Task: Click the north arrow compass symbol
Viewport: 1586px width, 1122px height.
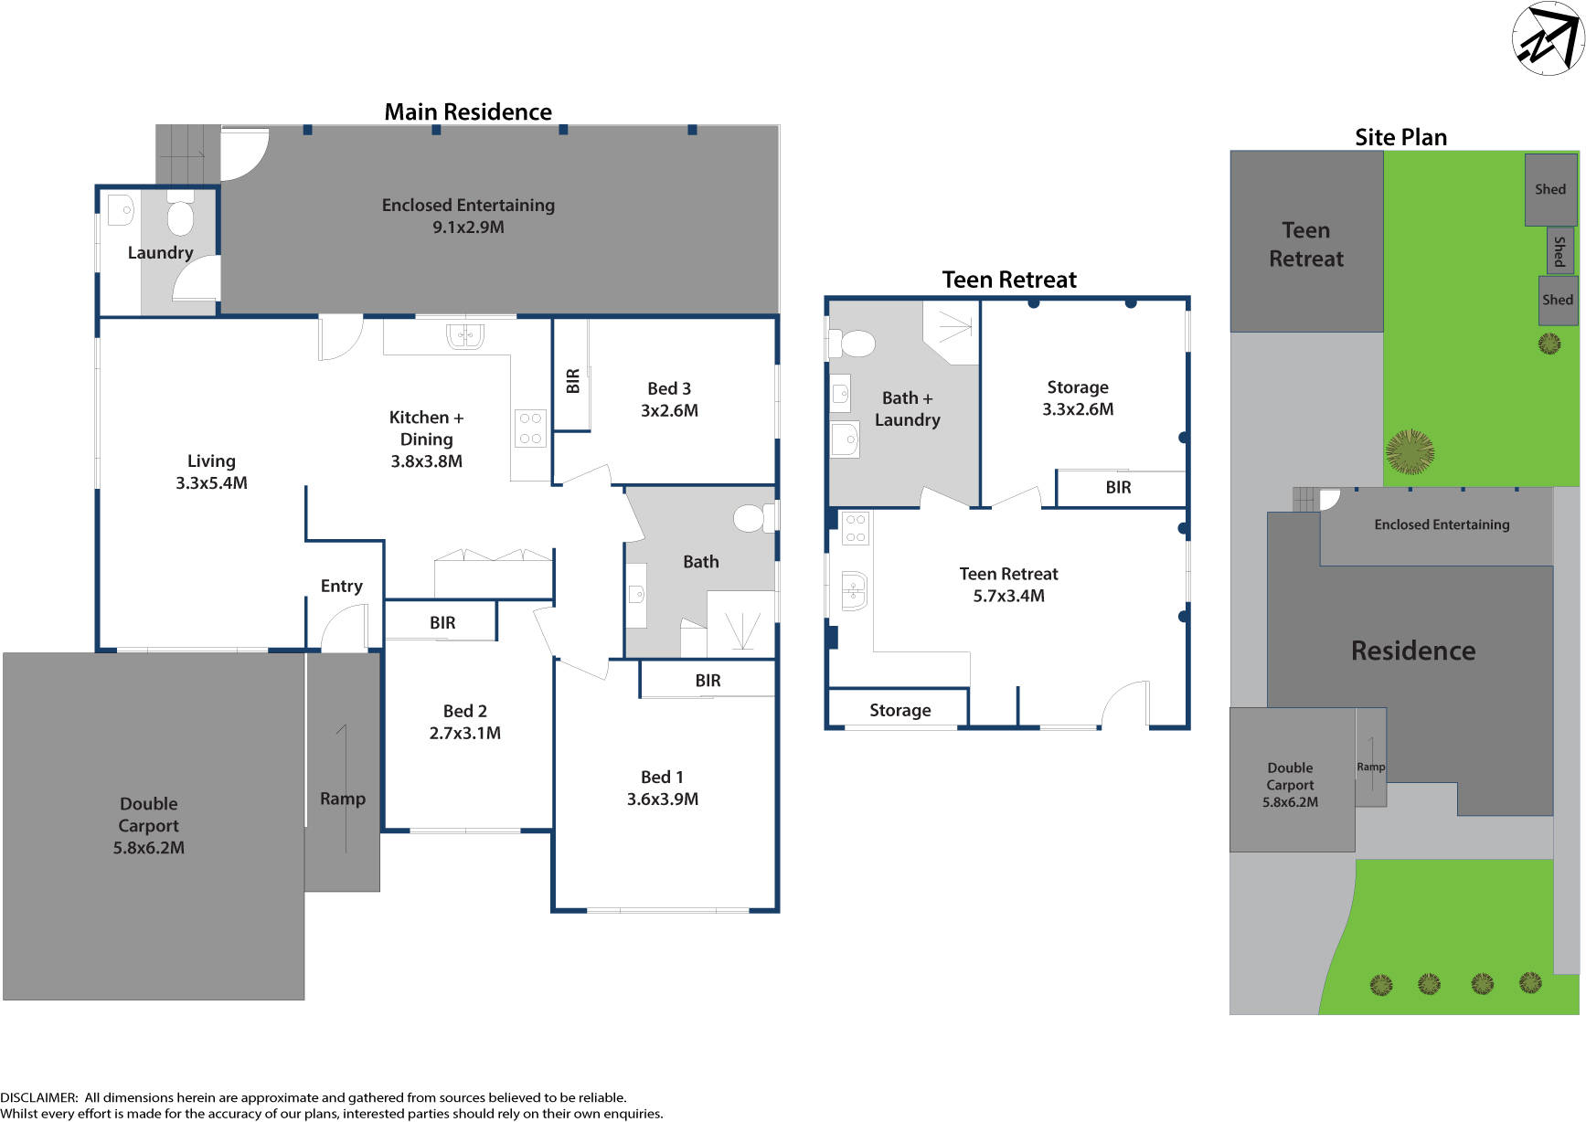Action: point(1548,38)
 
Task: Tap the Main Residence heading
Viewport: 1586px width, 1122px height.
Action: point(467,111)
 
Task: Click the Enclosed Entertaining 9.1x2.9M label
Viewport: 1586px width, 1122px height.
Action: point(468,216)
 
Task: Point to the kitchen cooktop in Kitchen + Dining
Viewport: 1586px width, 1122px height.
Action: point(530,429)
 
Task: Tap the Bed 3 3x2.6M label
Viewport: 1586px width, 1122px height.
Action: point(669,399)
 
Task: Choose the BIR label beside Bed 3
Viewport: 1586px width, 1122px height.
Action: point(573,380)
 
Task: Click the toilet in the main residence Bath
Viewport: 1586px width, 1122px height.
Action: point(751,518)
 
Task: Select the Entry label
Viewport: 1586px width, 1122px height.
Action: point(341,586)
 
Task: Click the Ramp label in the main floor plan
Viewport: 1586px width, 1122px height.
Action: point(343,799)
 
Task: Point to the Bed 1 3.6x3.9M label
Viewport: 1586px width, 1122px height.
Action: point(662,788)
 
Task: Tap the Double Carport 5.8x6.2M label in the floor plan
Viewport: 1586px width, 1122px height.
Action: point(149,825)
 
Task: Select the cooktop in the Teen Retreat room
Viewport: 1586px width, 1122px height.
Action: point(856,528)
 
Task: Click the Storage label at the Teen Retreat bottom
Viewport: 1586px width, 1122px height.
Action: point(899,710)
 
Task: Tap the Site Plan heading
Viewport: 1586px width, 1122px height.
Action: point(1400,137)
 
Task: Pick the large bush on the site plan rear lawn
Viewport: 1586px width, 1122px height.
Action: point(1410,451)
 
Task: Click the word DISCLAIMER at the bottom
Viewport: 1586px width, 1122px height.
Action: point(38,1097)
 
